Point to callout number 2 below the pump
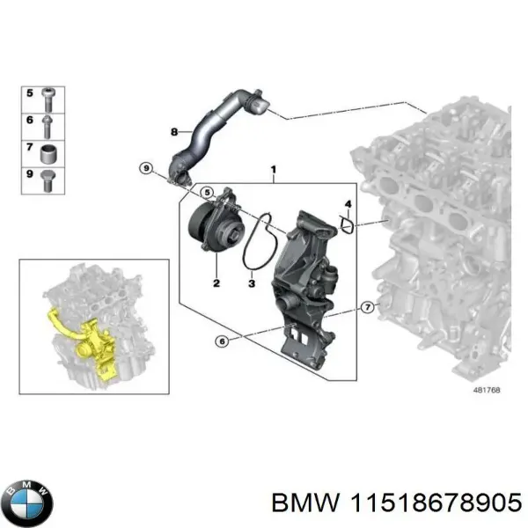point(215,283)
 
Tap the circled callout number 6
point(223,341)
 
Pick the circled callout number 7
point(367,307)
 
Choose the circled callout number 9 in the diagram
point(146,167)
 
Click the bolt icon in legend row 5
point(51,93)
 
